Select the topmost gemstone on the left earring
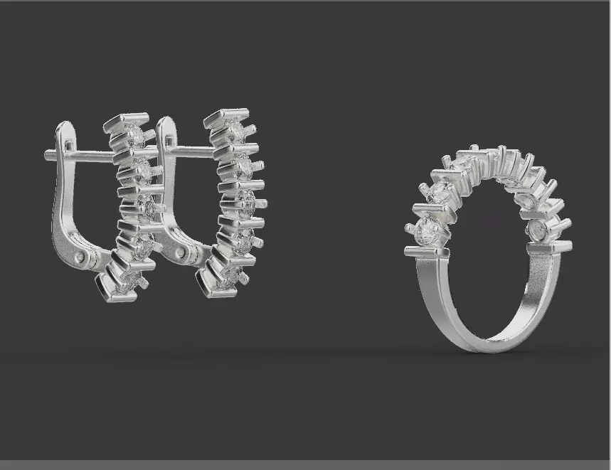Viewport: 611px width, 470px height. (134, 134)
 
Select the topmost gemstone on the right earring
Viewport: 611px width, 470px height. (235, 129)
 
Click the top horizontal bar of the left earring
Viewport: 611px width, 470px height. (126, 122)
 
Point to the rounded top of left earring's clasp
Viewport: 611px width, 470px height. (65, 127)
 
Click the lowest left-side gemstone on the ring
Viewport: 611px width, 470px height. (427, 231)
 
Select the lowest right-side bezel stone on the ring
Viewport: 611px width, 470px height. (538, 230)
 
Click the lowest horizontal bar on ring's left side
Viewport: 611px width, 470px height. (427, 252)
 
